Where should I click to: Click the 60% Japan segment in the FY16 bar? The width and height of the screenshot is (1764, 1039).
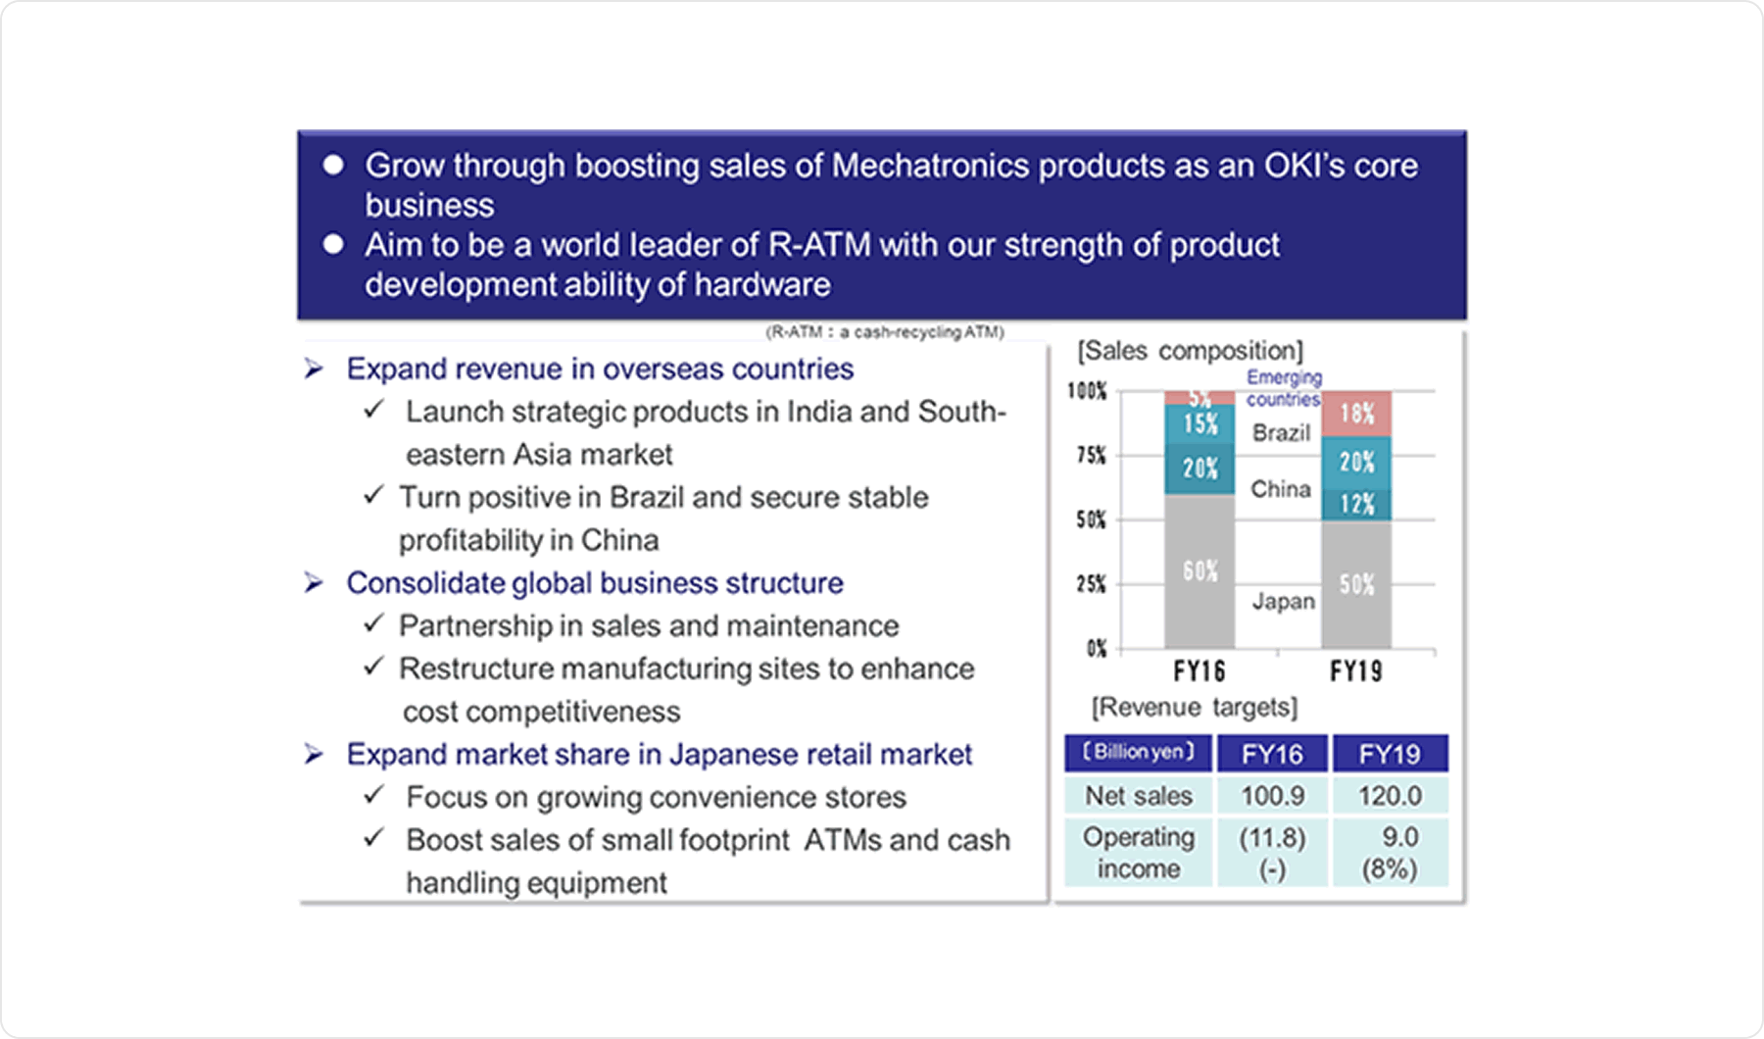tap(1200, 570)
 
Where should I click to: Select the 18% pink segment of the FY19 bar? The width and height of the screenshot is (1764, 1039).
tap(1356, 414)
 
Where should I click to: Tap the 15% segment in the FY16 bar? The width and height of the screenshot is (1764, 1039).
tap(1200, 423)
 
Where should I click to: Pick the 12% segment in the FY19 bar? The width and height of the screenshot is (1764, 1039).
tap(1356, 504)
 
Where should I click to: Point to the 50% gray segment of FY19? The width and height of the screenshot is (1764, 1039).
tap(1356, 584)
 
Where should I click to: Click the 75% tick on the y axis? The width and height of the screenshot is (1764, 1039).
tap(1091, 456)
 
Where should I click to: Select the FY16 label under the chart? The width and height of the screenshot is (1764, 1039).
tap(1200, 671)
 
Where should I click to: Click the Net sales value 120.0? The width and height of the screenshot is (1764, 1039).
tap(1389, 796)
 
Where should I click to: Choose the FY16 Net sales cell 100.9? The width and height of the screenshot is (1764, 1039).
tap(1272, 796)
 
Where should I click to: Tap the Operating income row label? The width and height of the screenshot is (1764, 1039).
tap(1138, 852)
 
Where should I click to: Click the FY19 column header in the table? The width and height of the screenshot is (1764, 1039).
tap(1389, 754)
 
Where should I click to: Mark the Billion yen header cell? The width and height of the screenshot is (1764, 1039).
tap(1138, 753)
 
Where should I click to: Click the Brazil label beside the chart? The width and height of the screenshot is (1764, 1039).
tap(1281, 433)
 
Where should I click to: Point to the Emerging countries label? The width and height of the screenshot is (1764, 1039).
tap(1284, 388)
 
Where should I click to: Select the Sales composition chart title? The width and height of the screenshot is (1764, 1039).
tap(1190, 351)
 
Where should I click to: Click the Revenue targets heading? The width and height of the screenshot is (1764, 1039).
tap(1195, 708)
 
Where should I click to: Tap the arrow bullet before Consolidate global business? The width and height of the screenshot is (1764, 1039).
tap(314, 583)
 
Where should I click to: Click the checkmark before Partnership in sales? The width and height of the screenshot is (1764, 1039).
tap(373, 623)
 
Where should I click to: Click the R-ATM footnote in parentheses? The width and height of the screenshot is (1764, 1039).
tap(885, 332)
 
